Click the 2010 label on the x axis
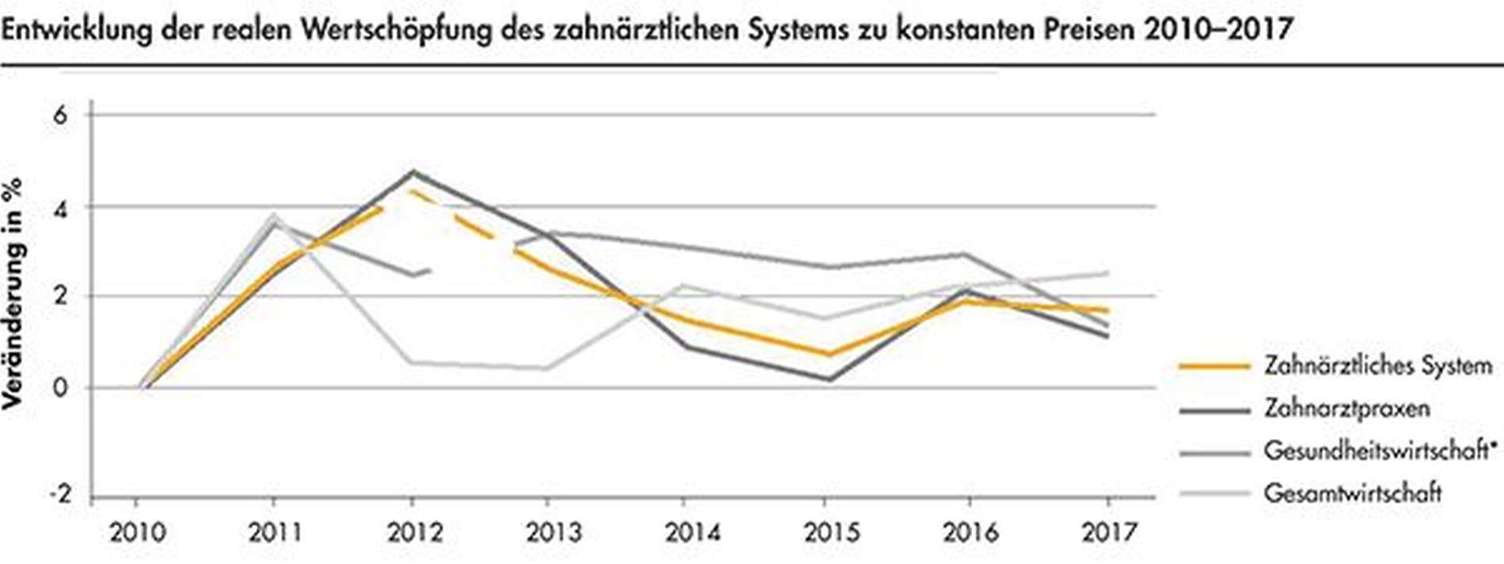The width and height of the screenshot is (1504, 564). pos(137,532)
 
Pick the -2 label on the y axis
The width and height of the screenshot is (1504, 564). pos(58,495)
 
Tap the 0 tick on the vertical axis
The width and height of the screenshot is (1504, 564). pos(63,388)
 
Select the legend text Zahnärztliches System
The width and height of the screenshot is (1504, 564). pos(1377,365)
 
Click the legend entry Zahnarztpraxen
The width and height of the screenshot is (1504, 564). pos(1346,408)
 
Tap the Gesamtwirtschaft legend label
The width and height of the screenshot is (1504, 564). pos(1352,493)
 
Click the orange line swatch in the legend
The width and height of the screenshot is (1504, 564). pos(1214,366)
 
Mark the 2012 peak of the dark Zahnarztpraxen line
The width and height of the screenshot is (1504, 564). pos(412,172)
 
